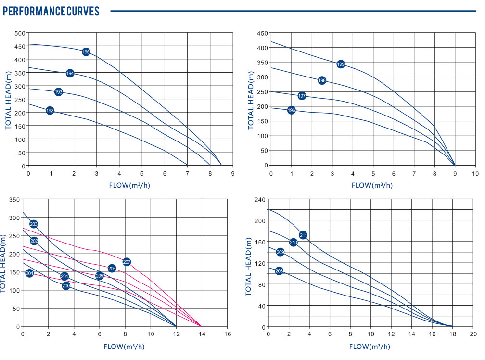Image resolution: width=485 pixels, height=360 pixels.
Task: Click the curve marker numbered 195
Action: click(86, 51)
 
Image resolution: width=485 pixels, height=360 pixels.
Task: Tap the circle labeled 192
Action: click(50, 111)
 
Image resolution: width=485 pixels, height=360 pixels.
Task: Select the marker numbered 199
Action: click(341, 64)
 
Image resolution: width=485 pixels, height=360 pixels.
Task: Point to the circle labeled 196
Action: click(291, 110)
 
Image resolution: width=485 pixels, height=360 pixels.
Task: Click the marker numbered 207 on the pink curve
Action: click(127, 262)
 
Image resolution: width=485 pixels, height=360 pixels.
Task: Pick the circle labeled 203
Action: click(34, 224)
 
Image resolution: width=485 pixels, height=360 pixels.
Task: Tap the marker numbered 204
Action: click(29, 273)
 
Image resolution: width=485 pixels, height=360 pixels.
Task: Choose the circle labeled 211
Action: click(303, 235)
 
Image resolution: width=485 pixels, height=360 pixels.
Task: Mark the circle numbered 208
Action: click(279, 271)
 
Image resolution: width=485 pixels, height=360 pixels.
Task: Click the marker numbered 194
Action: click(70, 73)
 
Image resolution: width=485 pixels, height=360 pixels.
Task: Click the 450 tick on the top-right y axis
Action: click(262, 33)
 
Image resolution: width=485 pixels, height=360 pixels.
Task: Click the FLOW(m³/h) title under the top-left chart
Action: click(130, 185)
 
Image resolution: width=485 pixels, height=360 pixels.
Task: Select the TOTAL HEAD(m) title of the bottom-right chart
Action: click(249, 267)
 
